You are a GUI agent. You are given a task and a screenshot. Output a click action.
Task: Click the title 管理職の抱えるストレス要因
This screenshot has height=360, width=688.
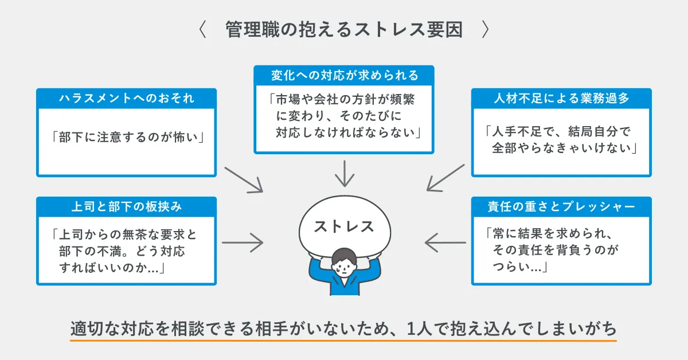coord(344,30)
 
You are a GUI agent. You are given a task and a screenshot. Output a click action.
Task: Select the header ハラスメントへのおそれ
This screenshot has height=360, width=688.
coord(127,98)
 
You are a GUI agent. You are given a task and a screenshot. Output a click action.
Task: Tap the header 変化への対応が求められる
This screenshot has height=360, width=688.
coord(344,75)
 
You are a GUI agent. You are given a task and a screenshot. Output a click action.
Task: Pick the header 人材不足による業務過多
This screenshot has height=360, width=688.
coord(561,98)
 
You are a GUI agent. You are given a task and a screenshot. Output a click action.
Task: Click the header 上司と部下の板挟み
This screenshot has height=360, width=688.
coord(127,206)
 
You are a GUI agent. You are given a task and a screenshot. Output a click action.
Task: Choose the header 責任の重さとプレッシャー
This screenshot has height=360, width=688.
coord(561,206)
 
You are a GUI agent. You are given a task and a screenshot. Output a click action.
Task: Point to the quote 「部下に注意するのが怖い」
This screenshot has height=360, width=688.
coord(127,138)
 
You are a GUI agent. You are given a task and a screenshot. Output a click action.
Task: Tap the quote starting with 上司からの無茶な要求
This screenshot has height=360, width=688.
coord(127,251)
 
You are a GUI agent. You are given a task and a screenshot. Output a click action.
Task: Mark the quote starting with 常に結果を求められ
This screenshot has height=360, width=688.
coord(561,251)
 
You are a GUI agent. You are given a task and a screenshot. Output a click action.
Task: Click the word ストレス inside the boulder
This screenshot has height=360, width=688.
coord(344,226)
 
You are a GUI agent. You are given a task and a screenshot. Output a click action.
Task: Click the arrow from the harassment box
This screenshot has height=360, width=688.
coord(244,180)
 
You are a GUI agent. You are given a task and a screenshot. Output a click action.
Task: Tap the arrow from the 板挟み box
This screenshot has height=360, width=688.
coord(242,242)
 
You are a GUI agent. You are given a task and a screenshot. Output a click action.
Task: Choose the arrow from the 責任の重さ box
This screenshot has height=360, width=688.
coord(446,242)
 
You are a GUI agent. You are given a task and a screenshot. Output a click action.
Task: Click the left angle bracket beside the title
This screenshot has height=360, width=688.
coord(202,30)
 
